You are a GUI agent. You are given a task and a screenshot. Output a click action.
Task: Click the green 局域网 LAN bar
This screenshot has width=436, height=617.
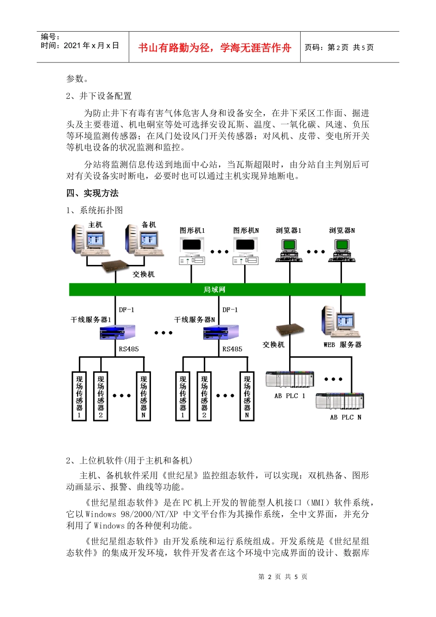[217, 290]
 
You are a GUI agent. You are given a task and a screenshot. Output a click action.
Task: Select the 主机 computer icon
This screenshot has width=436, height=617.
[90, 240]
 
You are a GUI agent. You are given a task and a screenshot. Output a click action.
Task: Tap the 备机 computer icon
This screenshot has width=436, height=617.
[144, 240]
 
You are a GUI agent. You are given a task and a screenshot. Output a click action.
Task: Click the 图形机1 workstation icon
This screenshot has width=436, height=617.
[192, 251]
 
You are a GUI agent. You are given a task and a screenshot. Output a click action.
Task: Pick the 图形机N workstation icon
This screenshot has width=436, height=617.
[246, 251]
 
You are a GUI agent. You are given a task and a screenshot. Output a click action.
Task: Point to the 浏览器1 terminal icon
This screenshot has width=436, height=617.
[289, 251]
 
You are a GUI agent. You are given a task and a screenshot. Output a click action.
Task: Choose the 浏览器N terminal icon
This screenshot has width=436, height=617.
[341, 251]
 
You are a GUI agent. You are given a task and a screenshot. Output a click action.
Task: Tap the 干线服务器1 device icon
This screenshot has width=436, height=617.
[117, 332]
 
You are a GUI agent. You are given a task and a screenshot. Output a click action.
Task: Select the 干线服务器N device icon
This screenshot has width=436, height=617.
[221, 332]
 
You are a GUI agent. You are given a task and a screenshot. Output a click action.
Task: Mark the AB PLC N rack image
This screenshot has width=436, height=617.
[340, 401]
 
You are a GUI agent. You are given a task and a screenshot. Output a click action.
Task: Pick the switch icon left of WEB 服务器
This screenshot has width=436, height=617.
[290, 330]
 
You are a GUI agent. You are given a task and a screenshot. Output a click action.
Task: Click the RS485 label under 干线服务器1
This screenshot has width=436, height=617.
[129, 349]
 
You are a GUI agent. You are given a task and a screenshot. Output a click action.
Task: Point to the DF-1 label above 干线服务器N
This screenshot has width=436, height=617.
[230, 310]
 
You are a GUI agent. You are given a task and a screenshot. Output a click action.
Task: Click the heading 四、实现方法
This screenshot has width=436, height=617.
[92, 193]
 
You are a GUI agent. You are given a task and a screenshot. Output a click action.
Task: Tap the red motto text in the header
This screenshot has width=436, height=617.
[214, 48]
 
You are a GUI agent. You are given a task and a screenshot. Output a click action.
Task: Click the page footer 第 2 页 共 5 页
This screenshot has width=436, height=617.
[283, 577]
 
